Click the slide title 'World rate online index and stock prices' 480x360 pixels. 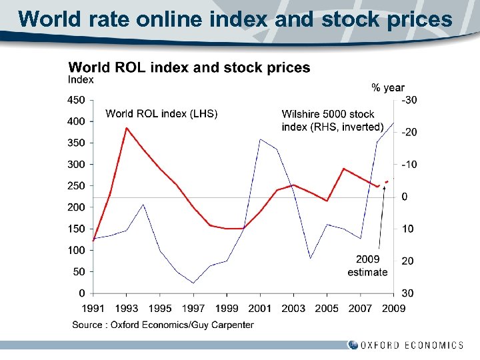[235, 19]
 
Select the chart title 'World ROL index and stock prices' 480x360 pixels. [189, 67]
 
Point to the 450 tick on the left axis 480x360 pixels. [77, 100]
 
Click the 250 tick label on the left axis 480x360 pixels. [77, 186]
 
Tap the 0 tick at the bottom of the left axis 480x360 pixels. [81, 293]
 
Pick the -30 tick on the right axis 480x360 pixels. [409, 100]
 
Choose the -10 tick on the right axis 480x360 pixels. [409, 165]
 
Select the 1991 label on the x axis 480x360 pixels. [93, 308]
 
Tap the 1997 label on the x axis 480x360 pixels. [193, 308]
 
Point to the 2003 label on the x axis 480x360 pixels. [293, 308]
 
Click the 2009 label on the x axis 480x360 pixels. [393, 308]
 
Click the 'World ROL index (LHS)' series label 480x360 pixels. [161, 114]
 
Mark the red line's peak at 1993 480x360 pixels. [127, 128]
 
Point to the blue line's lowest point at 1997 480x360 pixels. [193, 283]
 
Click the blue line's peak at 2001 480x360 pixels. [260, 139]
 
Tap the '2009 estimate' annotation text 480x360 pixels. [367, 265]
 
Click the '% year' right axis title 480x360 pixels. [387, 87]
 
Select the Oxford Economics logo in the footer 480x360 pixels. [405, 345]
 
